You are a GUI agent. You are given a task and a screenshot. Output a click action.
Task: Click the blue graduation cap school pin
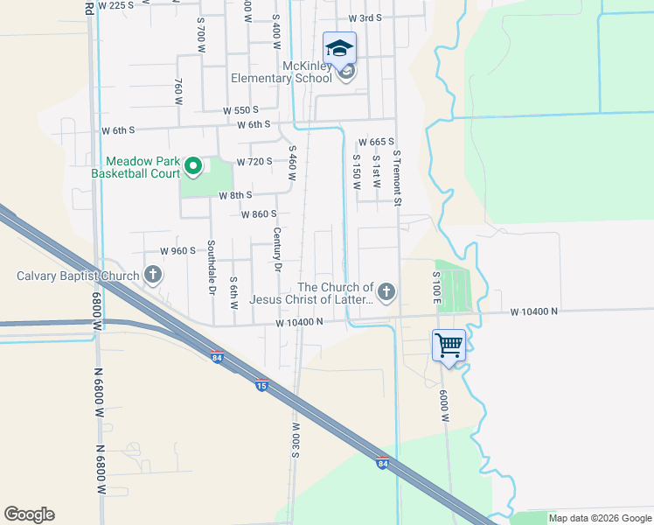tap(339, 47)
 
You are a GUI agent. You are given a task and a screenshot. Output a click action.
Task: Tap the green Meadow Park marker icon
tap(195, 164)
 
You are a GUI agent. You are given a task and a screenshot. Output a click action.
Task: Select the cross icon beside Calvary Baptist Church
tap(153, 276)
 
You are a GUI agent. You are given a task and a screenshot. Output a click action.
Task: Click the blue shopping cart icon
tap(449, 345)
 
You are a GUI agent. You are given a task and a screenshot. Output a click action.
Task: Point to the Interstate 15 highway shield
tap(261, 384)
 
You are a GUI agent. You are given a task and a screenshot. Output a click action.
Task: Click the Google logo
tap(29, 514)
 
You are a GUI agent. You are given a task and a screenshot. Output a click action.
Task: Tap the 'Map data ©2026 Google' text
tap(599, 518)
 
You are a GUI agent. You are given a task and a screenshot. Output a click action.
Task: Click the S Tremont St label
tap(396, 178)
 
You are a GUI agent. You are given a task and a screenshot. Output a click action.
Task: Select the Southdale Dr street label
tap(211, 267)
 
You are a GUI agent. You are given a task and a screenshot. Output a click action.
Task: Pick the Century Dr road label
tap(276, 248)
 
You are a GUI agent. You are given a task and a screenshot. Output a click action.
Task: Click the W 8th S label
tap(235, 195)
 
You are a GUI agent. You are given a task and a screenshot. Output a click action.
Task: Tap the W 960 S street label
tap(177, 251)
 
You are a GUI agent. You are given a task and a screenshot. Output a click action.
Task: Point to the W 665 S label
tap(378, 142)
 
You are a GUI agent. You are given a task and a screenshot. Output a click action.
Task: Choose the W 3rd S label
tap(365, 17)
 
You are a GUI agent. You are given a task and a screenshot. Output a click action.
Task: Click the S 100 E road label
tap(435, 288)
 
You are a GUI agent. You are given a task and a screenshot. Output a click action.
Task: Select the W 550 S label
tap(240, 110)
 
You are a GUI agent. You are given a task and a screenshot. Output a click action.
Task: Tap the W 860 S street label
tap(258, 214)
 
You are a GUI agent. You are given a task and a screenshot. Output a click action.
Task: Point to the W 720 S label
tap(254, 162)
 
